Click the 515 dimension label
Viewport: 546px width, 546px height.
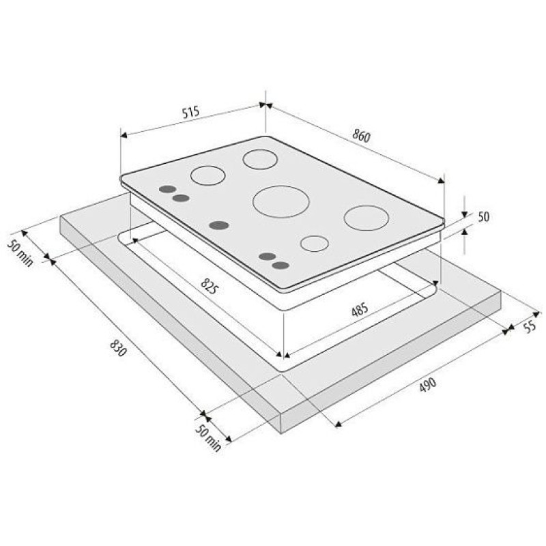pos(191,112)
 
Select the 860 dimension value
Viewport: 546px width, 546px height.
pos(361,135)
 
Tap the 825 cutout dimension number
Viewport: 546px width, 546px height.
pos(210,287)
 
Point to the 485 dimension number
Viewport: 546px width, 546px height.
pos(360,309)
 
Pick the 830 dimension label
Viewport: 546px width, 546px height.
pos(118,348)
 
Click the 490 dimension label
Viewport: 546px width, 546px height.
pos(427,384)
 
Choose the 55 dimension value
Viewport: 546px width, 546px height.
pos(530,327)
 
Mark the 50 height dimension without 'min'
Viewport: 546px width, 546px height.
pos(483,217)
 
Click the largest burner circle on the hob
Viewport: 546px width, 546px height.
pos(281,201)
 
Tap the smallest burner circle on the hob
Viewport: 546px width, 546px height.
pos(315,244)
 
